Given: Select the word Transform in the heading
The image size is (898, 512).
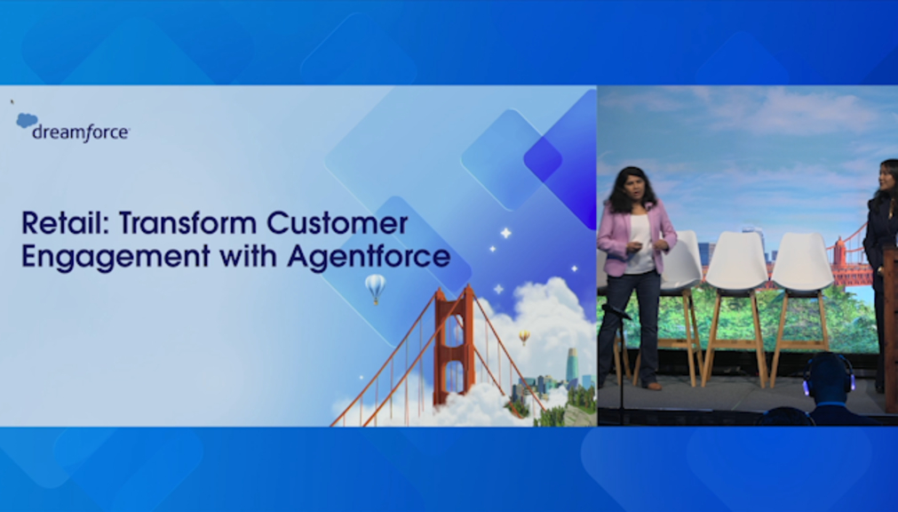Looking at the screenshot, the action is [x=187, y=223].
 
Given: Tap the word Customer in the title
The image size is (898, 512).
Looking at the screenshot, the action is [x=338, y=223].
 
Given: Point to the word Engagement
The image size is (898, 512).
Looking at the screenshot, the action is [x=115, y=256].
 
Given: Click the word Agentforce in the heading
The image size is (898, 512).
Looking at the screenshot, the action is [x=369, y=255].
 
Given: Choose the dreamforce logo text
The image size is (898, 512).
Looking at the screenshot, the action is [x=81, y=132].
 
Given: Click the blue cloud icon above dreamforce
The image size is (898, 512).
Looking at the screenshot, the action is [x=27, y=120].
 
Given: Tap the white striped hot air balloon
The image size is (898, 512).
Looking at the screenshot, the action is [x=375, y=288].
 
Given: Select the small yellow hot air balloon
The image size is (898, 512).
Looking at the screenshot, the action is [x=524, y=337].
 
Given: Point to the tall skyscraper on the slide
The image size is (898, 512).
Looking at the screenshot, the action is [x=571, y=366].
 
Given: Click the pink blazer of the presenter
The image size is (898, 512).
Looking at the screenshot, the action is [x=636, y=235].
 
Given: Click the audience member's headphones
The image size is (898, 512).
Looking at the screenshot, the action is [x=829, y=372].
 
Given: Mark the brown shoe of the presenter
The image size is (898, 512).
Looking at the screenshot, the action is [x=654, y=386].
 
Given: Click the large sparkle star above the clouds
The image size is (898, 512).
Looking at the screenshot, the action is [x=505, y=233].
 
